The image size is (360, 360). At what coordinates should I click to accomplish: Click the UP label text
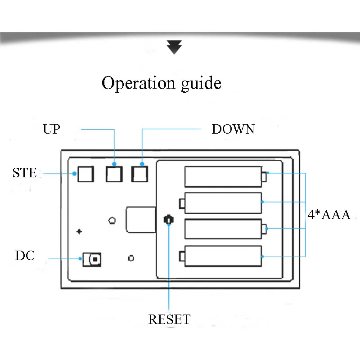click(x=51, y=129)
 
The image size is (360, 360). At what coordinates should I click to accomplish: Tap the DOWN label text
click(x=233, y=129)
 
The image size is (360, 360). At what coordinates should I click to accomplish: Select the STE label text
click(x=25, y=173)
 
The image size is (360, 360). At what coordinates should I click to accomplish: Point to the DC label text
click(x=25, y=256)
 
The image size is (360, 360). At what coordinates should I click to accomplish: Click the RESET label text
click(x=169, y=319)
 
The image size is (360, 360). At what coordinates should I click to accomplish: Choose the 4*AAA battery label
click(x=329, y=215)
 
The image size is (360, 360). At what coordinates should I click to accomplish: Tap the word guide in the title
click(x=201, y=84)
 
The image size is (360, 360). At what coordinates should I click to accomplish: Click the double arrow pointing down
click(x=174, y=47)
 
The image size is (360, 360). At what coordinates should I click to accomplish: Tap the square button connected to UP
click(x=114, y=174)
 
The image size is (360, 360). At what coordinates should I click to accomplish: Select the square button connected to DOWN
click(x=139, y=174)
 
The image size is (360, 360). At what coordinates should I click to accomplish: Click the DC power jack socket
click(x=92, y=260)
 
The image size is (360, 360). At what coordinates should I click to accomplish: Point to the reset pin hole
click(x=169, y=220)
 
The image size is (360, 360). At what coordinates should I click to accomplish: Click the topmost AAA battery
click(x=226, y=177)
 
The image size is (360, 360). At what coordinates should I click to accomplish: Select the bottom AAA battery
click(x=220, y=256)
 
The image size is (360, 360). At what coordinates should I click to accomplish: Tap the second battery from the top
click(x=220, y=203)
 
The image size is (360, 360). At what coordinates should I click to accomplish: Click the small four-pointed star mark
click(x=79, y=232)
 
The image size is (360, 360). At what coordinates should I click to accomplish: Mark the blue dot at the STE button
click(x=74, y=174)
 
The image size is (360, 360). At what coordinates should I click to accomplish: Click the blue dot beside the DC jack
click(x=80, y=259)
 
